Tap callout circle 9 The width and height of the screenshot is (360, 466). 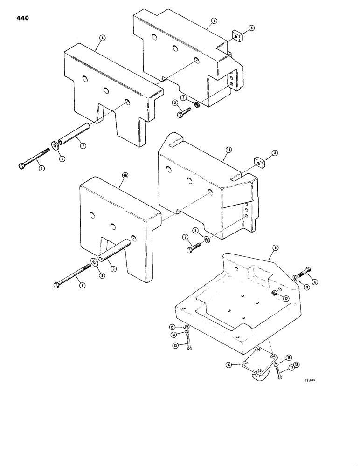point(270,255)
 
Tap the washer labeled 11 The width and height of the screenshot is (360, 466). point(295,278)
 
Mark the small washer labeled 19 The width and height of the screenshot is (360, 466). point(277,363)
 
